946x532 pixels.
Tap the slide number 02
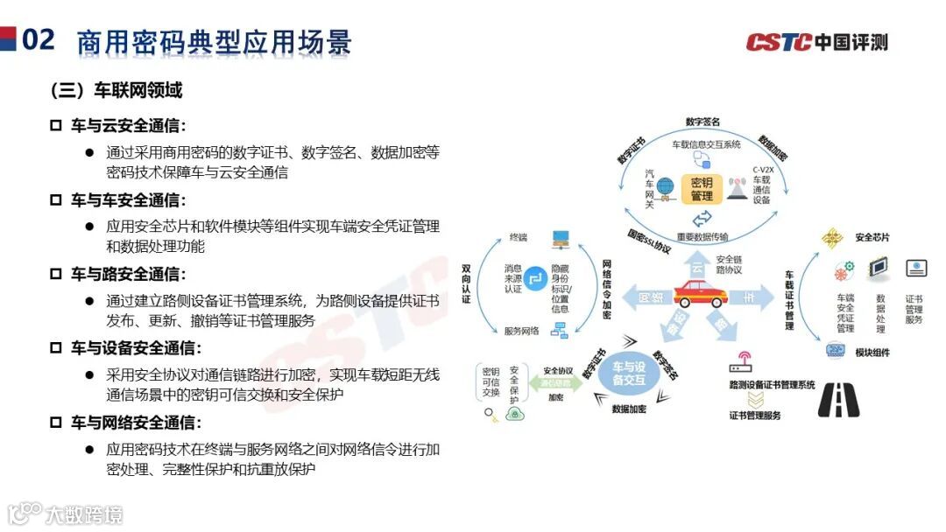[x=39, y=39]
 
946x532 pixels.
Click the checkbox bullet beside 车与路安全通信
[x=55, y=274]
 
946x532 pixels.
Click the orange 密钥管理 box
[x=702, y=189]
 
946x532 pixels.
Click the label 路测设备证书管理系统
[x=772, y=384]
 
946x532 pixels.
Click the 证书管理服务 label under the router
[x=754, y=416]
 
